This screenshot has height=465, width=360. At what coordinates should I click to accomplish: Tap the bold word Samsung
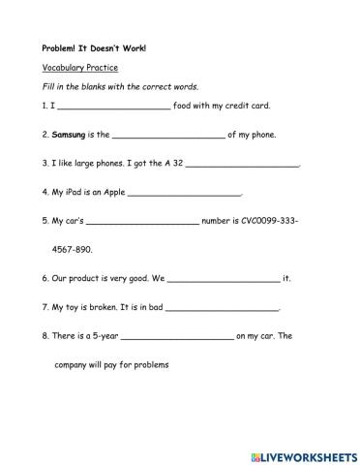point(72,135)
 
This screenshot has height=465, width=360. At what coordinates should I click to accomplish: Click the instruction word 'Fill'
point(50,87)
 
